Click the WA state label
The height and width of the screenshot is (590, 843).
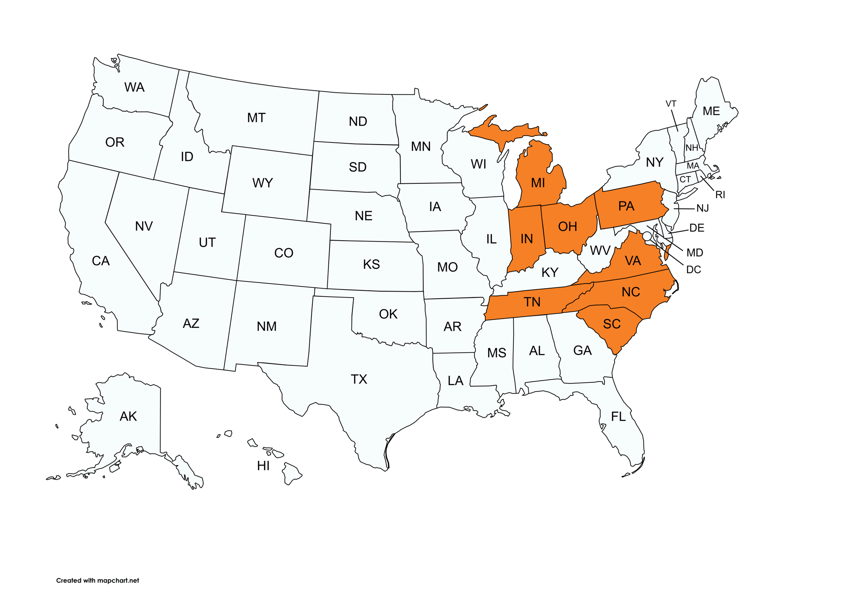134,87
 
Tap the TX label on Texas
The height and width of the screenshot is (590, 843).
359,379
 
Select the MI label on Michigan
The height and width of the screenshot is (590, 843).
538,183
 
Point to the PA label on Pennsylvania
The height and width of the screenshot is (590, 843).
626,206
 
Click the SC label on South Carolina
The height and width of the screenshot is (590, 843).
612,324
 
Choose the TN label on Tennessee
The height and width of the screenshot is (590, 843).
532,302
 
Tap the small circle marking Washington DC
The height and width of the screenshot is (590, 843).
647,236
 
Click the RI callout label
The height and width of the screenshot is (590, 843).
720,195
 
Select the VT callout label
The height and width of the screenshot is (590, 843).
671,104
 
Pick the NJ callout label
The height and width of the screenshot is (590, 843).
703,208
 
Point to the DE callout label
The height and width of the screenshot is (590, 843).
697,228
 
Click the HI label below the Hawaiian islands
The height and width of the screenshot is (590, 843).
263,466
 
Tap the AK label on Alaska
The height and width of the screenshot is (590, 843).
128,416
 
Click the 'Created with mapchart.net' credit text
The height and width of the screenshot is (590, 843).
97,580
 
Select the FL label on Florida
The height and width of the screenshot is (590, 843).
618,417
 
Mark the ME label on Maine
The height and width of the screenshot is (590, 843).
711,111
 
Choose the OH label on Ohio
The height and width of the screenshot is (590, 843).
567,227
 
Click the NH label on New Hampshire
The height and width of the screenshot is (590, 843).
692,148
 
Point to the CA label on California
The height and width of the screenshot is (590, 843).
101,261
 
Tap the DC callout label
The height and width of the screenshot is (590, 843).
693,270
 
